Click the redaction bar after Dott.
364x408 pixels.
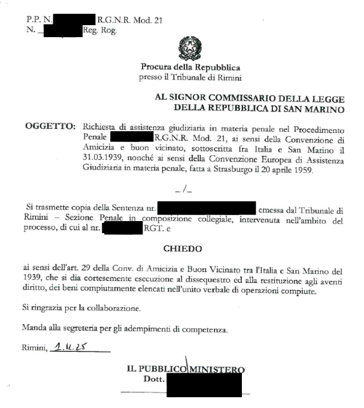[x=204, y=383]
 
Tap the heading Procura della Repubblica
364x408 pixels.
[x=190, y=67]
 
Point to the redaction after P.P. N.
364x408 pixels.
[x=74, y=20]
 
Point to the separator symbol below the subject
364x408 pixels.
[x=182, y=191]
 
